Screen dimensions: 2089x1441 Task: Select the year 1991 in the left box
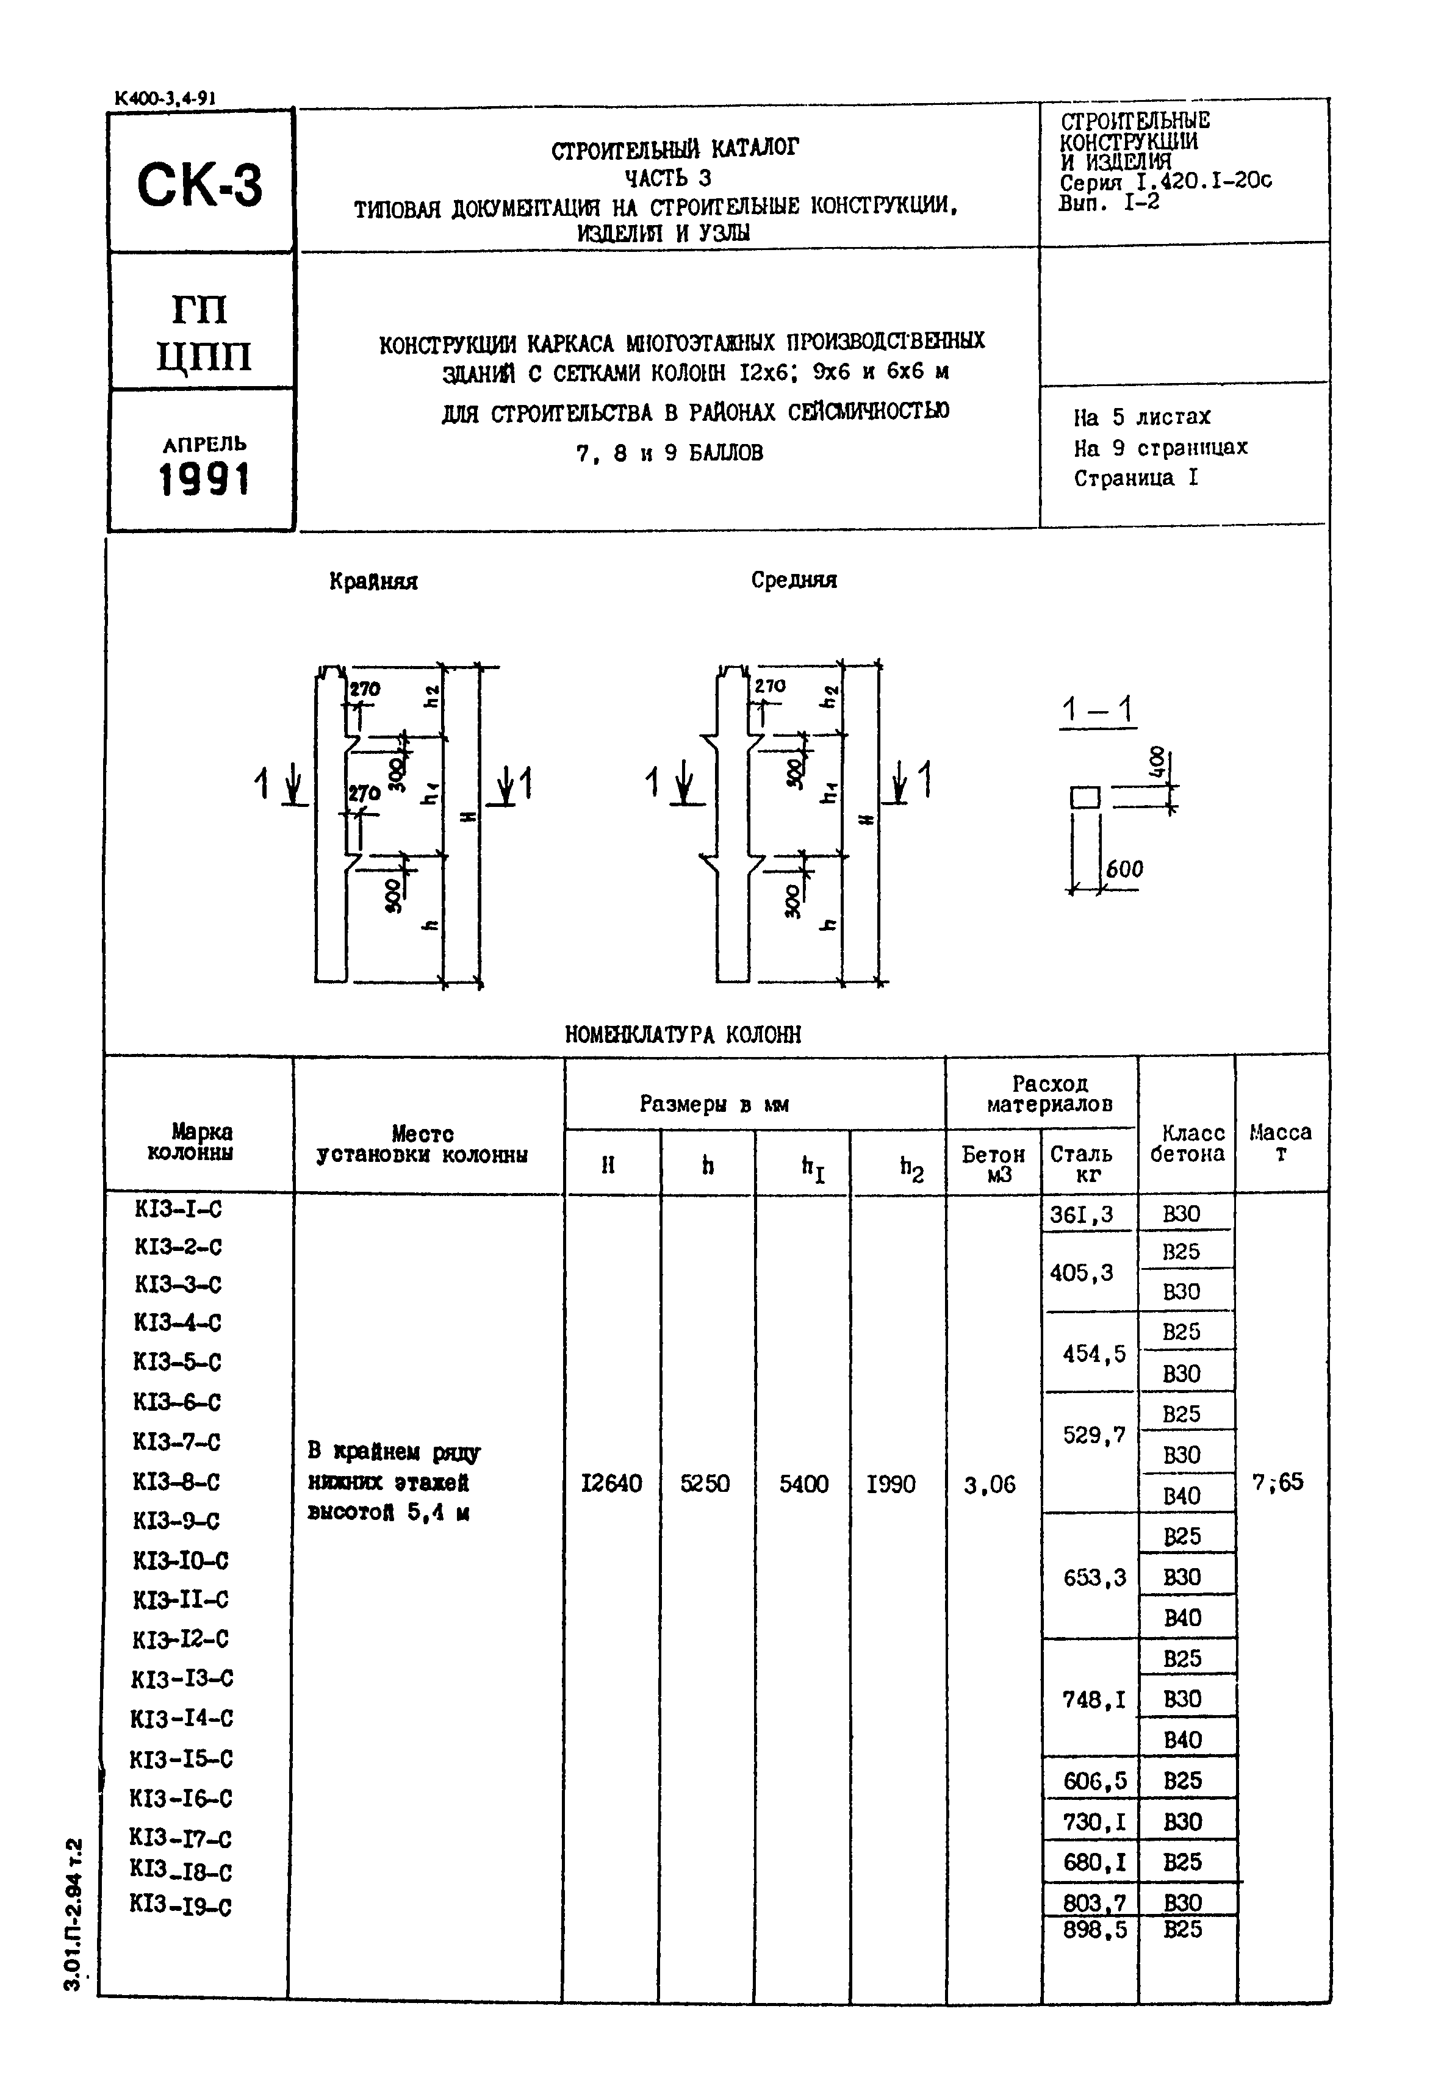pyautogui.click(x=203, y=479)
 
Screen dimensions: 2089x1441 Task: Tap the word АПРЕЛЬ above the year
pyautogui.click(x=204, y=444)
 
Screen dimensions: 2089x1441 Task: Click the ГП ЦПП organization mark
pyautogui.click(x=203, y=333)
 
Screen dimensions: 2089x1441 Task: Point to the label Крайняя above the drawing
pyautogui.click(x=373, y=581)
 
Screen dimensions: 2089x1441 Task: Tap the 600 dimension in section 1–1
pyautogui.click(x=1124, y=869)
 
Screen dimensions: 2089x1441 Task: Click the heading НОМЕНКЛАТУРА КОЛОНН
pyautogui.click(x=683, y=1034)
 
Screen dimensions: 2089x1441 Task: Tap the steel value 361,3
pyautogui.click(x=1081, y=1215)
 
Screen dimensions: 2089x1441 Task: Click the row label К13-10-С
pyautogui.click(x=181, y=1560)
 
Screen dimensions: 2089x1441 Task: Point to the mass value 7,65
pyautogui.click(x=1277, y=1482)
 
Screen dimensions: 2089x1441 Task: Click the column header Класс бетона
pyautogui.click(x=1187, y=1143)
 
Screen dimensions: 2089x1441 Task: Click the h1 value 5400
pyautogui.click(x=803, y=1484)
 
